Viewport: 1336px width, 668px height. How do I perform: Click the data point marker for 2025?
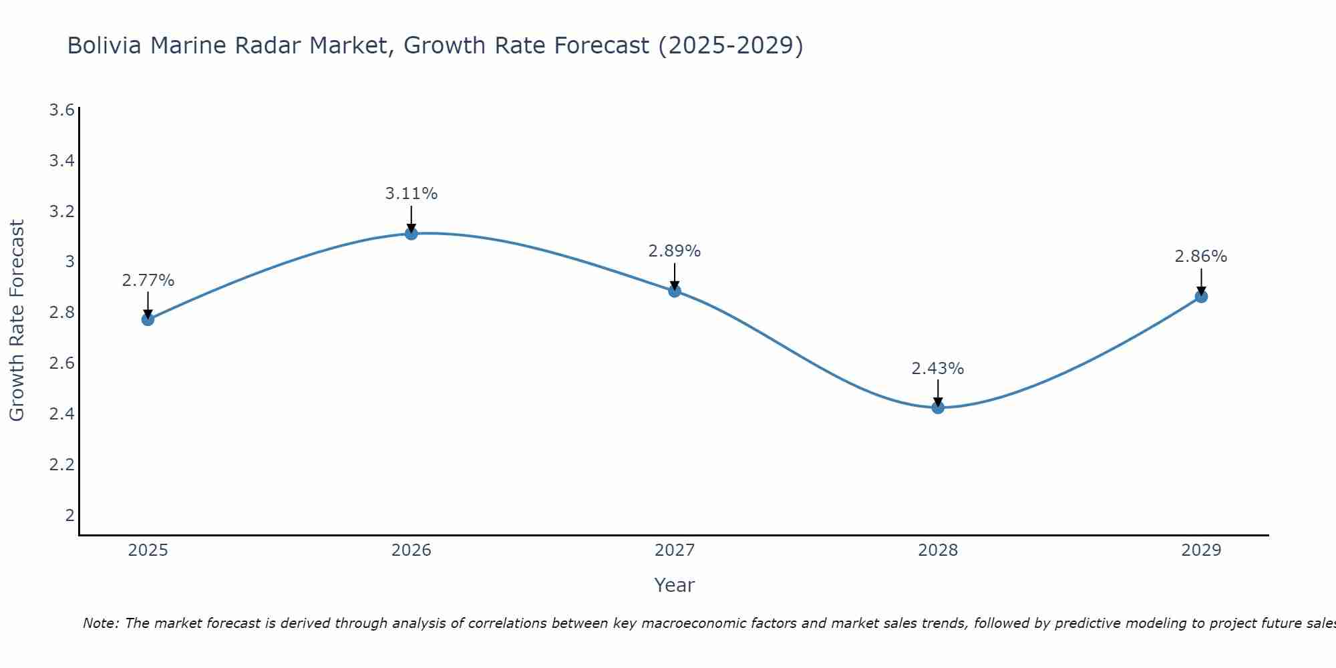pos(148,319)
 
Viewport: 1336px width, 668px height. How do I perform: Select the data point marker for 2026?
pos(411,233)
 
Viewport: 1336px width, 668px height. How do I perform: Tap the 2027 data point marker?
pos(674,291)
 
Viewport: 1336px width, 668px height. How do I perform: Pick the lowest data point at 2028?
pos(937,407)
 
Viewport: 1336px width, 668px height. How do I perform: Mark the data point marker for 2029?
pos(1200,297)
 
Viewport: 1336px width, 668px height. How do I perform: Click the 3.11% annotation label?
pos(411,194)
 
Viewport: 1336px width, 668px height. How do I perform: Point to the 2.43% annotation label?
pos(937,369)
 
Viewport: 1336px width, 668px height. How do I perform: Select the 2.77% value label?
pos(148,281)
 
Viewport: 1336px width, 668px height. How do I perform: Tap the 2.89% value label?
pos(674,251)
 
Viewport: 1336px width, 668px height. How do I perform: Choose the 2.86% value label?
pos(1200,257)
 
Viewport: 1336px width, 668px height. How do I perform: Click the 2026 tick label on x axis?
pos(411,550)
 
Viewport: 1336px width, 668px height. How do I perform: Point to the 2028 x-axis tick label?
pos(937,550)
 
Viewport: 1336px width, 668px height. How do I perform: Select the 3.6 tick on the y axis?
pos(61,110)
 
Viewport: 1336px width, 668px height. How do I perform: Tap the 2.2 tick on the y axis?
pos(61,464)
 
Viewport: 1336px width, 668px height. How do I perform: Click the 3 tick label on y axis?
pos(69,262)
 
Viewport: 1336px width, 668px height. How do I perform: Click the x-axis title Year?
pos(674,585)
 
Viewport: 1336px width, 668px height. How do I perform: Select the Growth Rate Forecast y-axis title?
pos(17,321)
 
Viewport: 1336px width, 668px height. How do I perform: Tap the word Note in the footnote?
pos(100,623)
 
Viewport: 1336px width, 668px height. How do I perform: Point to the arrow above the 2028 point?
pos(937,393)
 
